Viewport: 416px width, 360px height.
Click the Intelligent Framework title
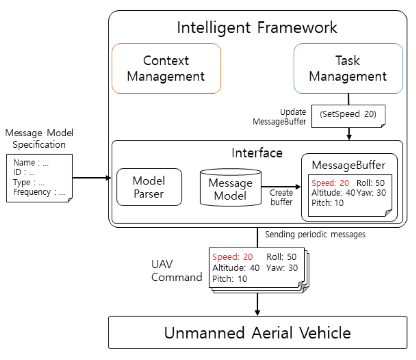click(x=257, y=27)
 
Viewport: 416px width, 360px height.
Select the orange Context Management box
click(x=166, y=68)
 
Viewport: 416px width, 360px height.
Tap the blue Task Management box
click(x=348, y=68)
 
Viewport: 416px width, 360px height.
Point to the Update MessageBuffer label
click(x=279, y=116)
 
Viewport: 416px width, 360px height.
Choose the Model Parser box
click(x=149, y=187)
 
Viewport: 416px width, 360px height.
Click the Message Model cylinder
click(x=230, y=189)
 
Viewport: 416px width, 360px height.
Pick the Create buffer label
click(x=281, y=197)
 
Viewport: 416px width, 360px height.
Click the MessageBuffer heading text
click(x=349, y=165)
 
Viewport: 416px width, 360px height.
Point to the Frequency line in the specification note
click(x=39, y=192)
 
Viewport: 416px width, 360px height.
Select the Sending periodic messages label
click(x=315, y=235)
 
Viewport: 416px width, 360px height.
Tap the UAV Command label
click(x=177, y=271)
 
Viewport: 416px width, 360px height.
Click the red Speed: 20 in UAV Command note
click(x=232, y=257)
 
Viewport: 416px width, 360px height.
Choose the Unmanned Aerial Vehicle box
click(x=257, y=333)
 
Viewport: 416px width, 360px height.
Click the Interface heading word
click(x=257, y=153)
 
